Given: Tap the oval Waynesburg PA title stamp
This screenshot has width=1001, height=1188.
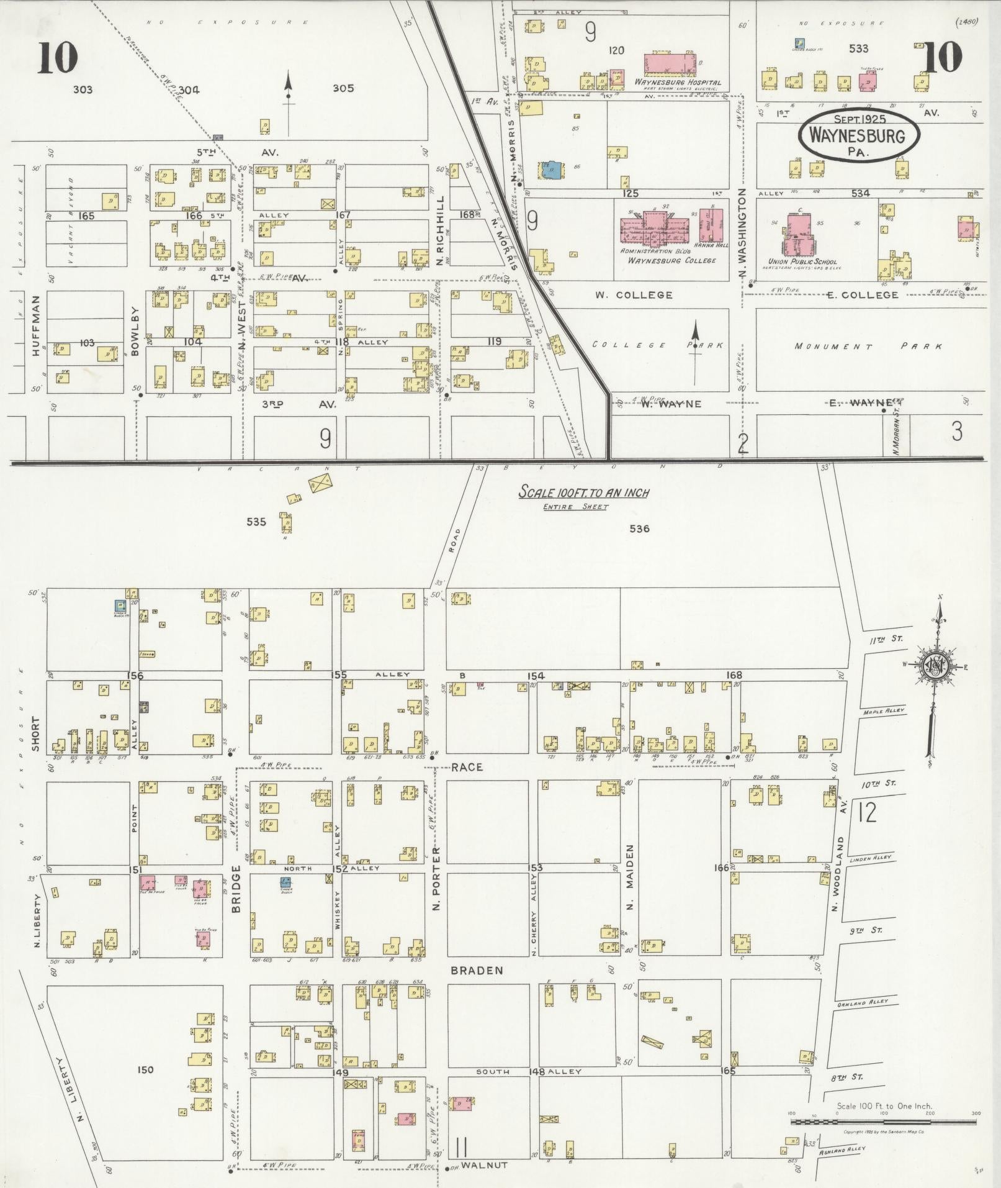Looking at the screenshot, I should (x=860, y=137).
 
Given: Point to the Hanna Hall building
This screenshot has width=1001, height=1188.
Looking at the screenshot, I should (x=712, y=225).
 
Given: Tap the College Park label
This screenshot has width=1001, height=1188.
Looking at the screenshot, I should (x=658, y=345).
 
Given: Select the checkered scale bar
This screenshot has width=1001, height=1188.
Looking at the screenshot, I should (x=883, y=1122).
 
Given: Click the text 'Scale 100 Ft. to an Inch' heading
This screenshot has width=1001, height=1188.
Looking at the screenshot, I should (x=583, y=492).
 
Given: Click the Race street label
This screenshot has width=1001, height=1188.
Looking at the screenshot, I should (x=467, y=768).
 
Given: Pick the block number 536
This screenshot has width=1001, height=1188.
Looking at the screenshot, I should (x=639, y=528).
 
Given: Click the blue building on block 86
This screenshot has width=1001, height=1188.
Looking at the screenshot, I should (x=550, y=170).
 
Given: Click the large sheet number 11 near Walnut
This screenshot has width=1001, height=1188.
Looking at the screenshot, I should (x=461, y=1146).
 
